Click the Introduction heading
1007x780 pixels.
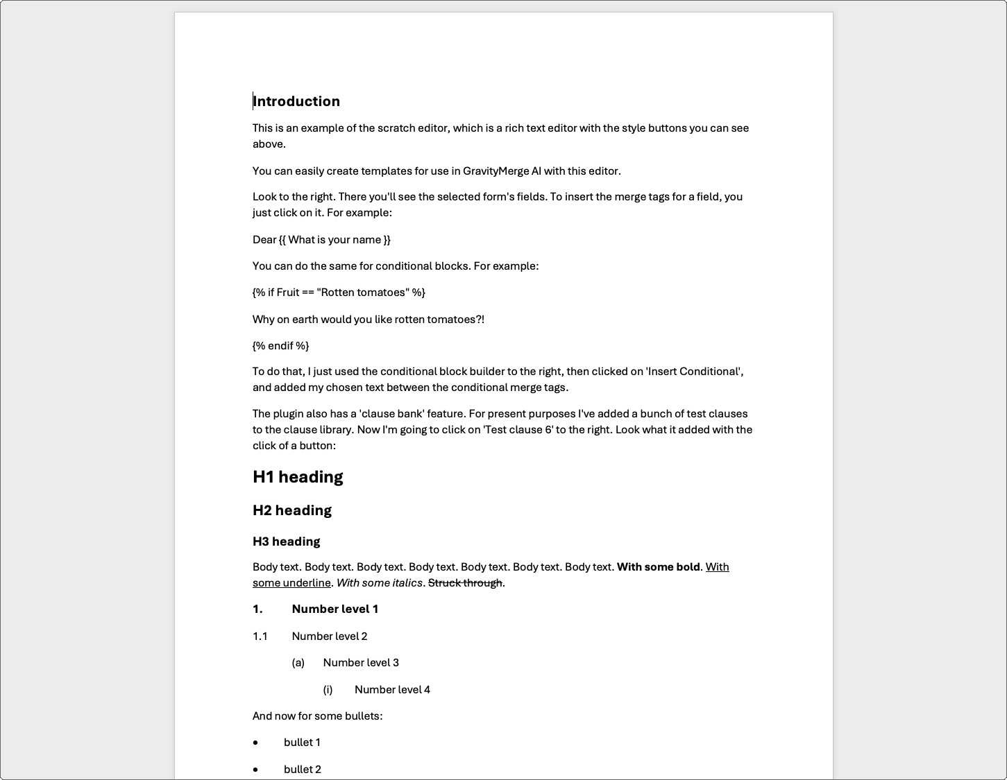click(x=296, y=101)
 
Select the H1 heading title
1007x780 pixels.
click(x=298, y=477)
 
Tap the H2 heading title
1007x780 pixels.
click(x=292, y=510)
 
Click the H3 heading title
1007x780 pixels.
click(x=286, y=541)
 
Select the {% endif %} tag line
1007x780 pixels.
click(x=280, y=345)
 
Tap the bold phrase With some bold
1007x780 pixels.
click(x=658, y=567)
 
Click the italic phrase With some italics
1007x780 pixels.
click(x=379, y=583)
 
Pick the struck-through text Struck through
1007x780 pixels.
click(x=465, y=583)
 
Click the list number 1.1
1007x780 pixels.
click(x=260, y=636)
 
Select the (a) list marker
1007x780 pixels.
click(x=298, y=663)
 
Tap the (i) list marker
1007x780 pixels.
click(x=328, y=690)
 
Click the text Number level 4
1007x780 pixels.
click(x=392, y=690)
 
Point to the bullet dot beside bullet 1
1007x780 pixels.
click(x=256, y=743)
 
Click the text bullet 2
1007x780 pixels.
click(x=303, y=770)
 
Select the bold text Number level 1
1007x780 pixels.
click(x=335, y=609)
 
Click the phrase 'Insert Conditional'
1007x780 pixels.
click(x=693, y=372)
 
